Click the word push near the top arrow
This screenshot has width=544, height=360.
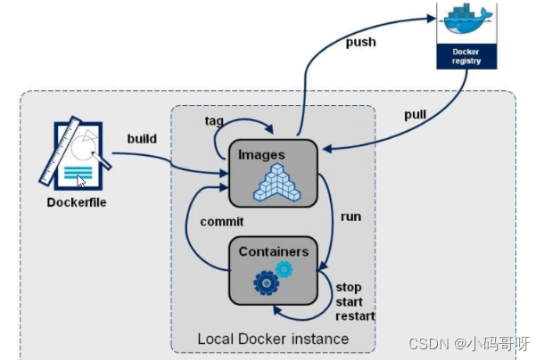[x=361, y=42]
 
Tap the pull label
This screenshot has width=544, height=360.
[x=416, y=115]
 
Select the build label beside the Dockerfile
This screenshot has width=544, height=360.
[x=142, y=139]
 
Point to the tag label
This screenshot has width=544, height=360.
[x=214, y=121]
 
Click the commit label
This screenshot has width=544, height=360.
[x=222, y=222]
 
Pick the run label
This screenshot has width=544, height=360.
[x=350, y=217]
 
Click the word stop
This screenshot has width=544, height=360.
[x=349, y=288]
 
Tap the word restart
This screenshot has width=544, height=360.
[x=355, y=316]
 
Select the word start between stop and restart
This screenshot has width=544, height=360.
[x=349, y=302]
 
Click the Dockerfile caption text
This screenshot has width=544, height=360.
[x=77, y=202]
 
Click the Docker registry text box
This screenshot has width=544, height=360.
[x=466, y=56]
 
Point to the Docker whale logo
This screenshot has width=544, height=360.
[x=467, y=19]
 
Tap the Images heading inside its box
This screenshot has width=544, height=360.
[x=261, y=155]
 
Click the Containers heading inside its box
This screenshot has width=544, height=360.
[x=274, y=252]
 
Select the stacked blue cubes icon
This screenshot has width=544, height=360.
[x=277, y=183]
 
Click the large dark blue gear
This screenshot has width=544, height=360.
[x=267, y=283]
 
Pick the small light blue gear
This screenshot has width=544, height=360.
[x=284, y=269]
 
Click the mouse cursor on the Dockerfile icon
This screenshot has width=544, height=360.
[x=81, y=182]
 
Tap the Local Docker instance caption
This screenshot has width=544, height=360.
[x=273, y=339]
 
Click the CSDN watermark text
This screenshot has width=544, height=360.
[x=469, y=344]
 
